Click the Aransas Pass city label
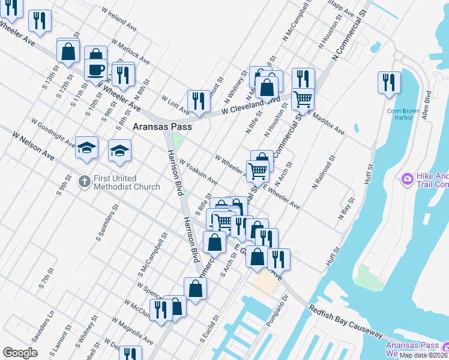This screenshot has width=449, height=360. [x=162, y=127]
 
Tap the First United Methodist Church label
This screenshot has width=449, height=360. [x=127, y=182]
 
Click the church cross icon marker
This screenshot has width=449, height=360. [x=85, y=179]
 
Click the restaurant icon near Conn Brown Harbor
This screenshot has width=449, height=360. [x=389, y=82]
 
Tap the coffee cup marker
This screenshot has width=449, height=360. [x=95, y=70]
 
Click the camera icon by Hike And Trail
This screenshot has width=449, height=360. [x=407, y=179]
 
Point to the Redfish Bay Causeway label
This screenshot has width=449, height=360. [x=346, y=322]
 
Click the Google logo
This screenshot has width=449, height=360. [x=20, y=353]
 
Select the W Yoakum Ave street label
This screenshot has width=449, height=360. [x=197, y=172]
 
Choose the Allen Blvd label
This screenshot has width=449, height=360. [x=427, y=105]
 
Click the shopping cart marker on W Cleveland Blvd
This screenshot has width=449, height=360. [x=303, y=98]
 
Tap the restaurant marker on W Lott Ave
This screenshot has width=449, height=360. [x=198, y=100]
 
